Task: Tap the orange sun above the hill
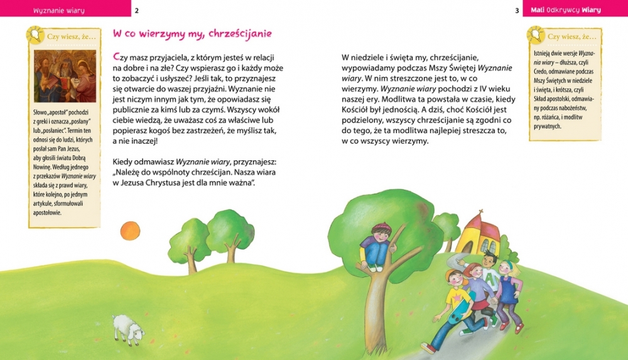point(129,230)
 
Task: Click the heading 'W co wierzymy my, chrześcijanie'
point(192,33)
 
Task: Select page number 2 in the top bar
point(137,10)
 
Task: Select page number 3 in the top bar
point(517,10)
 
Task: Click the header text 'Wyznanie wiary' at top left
point(59,11)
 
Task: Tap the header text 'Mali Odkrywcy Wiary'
point(566,10)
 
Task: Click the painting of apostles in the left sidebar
point(65,76)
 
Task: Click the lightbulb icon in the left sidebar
point(34,34)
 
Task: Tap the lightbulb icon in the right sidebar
point(535,34)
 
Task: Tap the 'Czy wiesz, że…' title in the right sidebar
point(571,37)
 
